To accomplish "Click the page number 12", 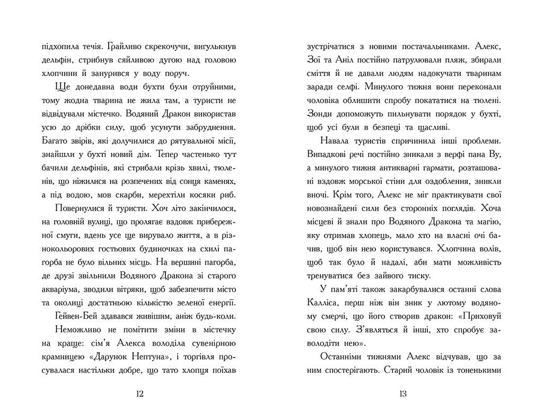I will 140,394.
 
